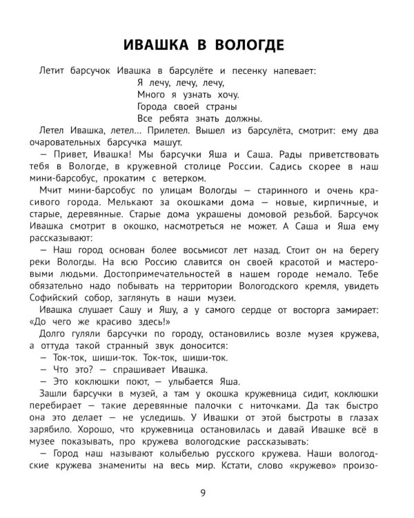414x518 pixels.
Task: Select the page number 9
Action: [x=201, y=492]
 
